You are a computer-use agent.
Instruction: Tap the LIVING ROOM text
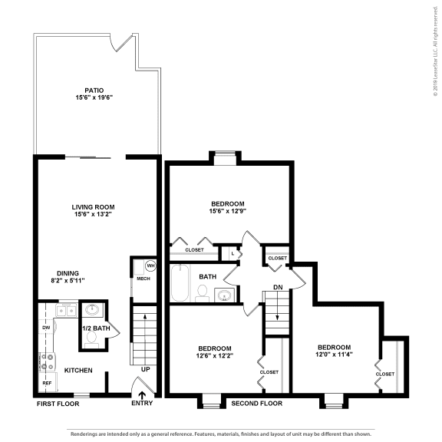click(x=93, y=206)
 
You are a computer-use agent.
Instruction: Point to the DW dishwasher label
click(x=45, y=328)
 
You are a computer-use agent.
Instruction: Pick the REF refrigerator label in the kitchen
click(x=47, y=381)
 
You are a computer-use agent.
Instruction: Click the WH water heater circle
click(x=150, y=266)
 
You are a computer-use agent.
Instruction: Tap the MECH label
click(x=143, y=279)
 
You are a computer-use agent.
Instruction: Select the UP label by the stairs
click(x=146, y=369)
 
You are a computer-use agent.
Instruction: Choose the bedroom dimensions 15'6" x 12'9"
click(x=228, y=211)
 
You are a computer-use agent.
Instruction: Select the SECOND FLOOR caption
click(x=256, y=403)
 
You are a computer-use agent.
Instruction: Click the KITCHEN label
click(x=78, y=371)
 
